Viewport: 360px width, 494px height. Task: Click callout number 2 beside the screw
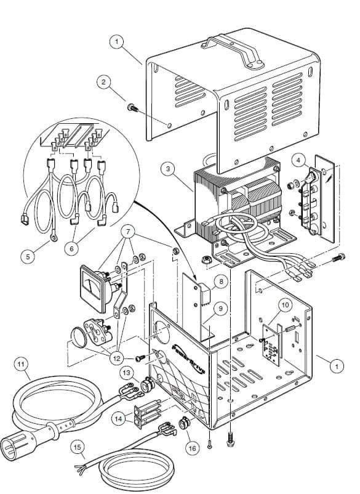pyautogui.click(x=104, y=83)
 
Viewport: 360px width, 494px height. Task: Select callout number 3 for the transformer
pyautogui.click(x=168, y=169)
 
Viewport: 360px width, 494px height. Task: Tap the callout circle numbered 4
pyautogui.click(x=298, y=160)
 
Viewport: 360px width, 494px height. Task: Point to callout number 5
pyautogui.click(x=28, y=256)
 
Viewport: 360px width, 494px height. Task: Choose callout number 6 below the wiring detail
pyautogui.click(x=72, y=248)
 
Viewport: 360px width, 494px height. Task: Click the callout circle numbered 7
pyautogui.click(x=128, y=232)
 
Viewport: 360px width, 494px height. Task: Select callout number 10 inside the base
pyautogui.click(x=286, y=305)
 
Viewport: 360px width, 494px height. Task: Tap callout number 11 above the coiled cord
pyautogui.click(x=22, y=365)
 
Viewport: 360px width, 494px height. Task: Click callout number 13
pyautogui.click(x=127, y=373)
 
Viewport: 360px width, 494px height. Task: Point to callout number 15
pyautogui.click(x=78, y=447)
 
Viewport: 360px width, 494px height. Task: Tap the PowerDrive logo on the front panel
pyautogui.click(x=190, y=359)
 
